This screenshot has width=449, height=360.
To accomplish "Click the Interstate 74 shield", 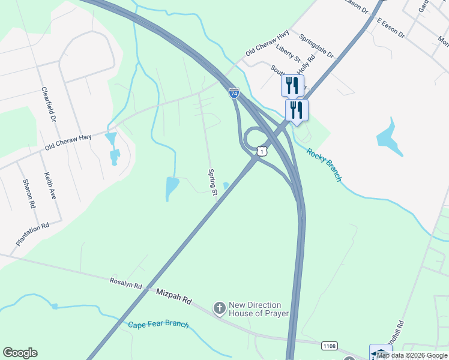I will point(234,93).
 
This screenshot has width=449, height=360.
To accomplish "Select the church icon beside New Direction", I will point(219,308).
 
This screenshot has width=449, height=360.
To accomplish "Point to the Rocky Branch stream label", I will point(324,164).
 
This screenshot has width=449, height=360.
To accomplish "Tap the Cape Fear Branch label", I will point(158,325).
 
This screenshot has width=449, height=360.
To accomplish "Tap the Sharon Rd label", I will point(29,193).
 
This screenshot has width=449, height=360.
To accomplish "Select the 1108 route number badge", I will point(329,346).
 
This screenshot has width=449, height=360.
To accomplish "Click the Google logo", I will point(20,353).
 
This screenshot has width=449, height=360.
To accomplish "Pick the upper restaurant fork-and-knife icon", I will point(292,85).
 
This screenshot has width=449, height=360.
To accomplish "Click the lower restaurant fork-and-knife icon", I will point(297,110).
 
